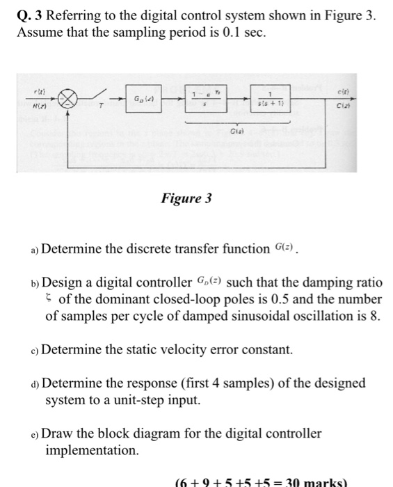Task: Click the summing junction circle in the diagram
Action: [69, 101]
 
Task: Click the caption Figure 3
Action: [186, 200]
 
